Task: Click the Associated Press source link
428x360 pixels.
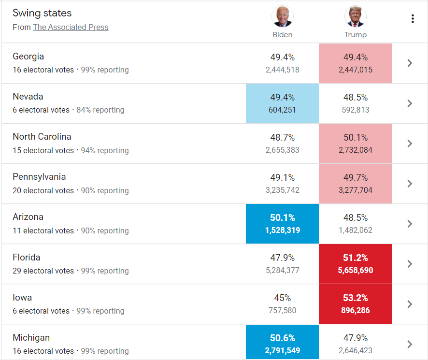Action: tap(71, 28)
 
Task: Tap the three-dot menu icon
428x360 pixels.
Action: tap(412, 19)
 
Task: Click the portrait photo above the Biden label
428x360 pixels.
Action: tap(282, 17)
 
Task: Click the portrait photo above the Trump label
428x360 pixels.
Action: tap(355, 17)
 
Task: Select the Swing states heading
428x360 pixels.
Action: tap(42, 13)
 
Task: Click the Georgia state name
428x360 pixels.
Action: tap(28, 57)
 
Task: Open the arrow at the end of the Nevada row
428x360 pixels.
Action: tap(410, 103)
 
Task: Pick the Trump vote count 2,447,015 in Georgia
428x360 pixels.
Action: tap(356, 70)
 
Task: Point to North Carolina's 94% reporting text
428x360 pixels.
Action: tap(104, 150)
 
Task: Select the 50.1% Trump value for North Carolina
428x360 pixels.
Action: tap(356, 138)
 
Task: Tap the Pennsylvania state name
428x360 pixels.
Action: tap(39, 177)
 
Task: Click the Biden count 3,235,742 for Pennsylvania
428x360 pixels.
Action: tap(282, 190)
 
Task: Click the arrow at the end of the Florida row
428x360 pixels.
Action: tap(410, 264)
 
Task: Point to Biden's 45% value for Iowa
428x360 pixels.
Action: tap(282, 298)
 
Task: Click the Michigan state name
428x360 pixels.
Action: tap(31, 338)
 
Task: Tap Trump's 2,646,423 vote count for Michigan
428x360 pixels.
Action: tap(356, 351)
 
